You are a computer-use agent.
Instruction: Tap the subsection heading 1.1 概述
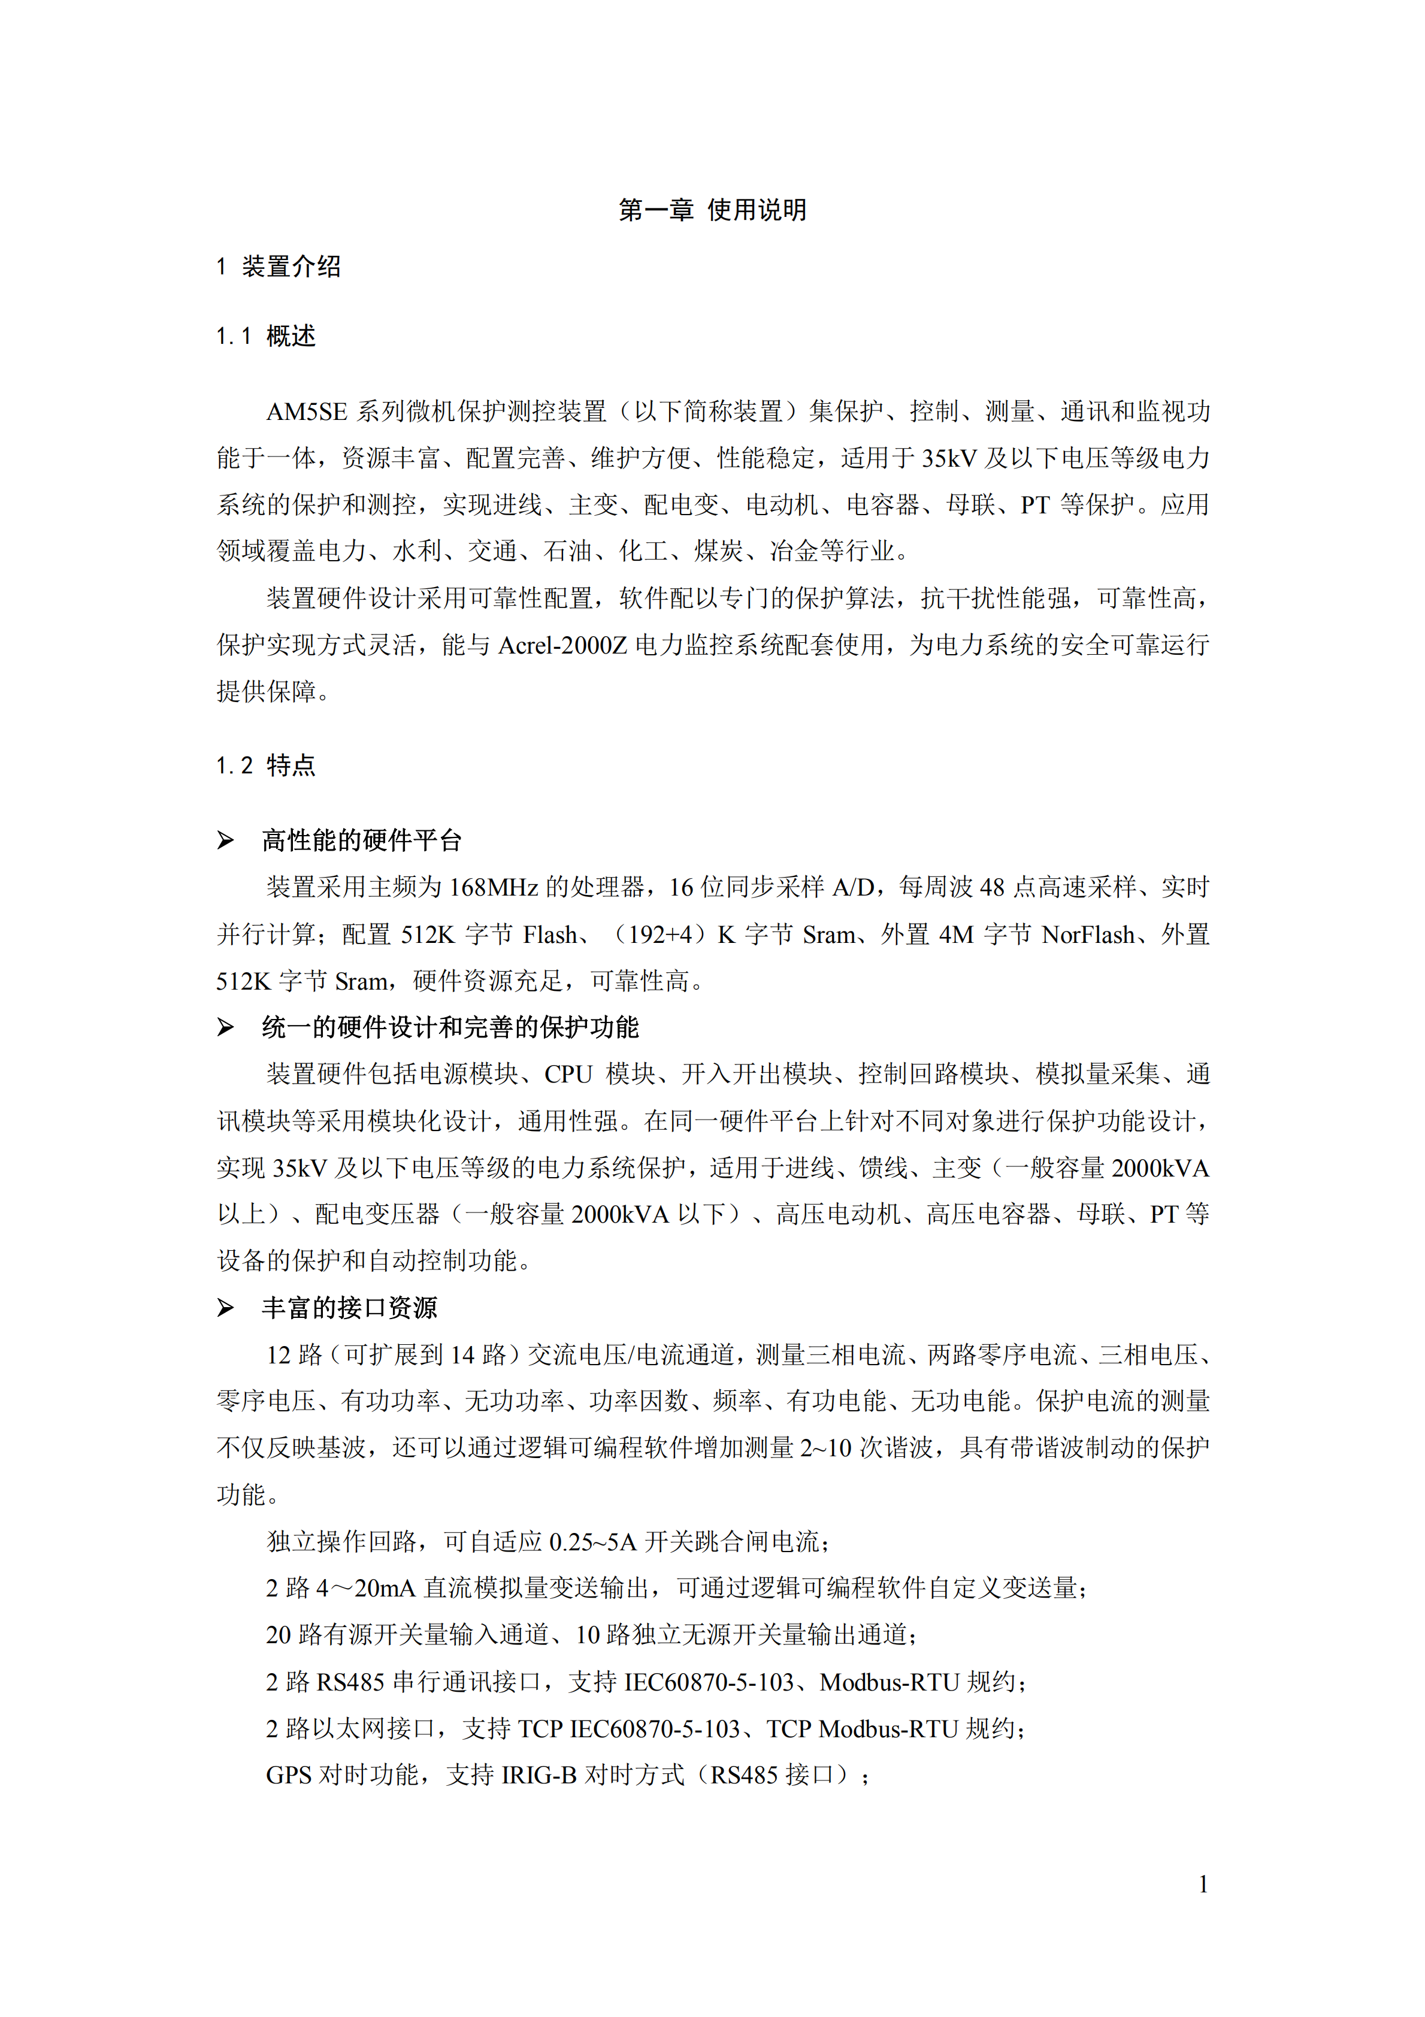coord(265,335)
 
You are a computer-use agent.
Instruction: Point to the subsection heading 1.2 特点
coord(265,765)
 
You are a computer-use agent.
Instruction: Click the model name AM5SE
coord(307,411)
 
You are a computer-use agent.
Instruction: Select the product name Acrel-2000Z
coord(562,645)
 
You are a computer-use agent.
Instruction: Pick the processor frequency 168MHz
coord(493,887)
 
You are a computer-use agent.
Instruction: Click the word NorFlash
coord(1088,934)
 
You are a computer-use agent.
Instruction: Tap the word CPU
coord(568,1074)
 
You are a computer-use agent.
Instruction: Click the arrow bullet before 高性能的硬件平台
coord(226,840)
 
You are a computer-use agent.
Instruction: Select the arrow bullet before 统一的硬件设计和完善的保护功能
coord(226,1027)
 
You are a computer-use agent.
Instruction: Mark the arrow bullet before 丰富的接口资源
coord(226,1308)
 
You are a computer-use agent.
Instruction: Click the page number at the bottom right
coord(1203,1885)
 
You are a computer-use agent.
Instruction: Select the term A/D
coord(852,887)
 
